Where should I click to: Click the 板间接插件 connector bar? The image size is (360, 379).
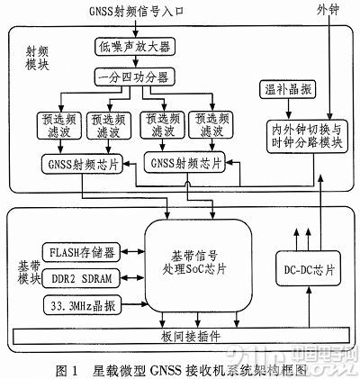click(x=181, y=338)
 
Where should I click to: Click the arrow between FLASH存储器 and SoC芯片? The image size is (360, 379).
click(x=131, y=248)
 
